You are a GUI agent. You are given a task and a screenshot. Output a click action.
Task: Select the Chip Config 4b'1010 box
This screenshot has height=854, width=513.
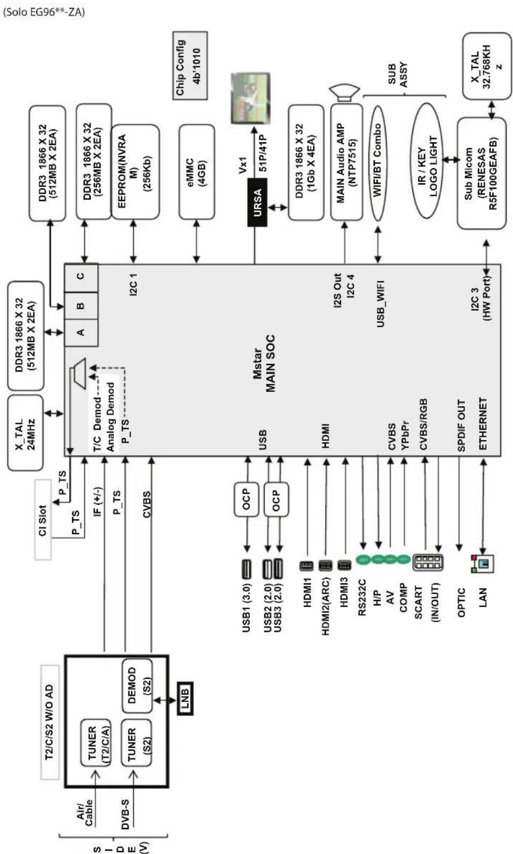click(x=189, y=66)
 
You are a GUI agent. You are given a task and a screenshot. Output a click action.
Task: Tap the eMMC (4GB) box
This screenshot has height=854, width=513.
click(x=196, y=172)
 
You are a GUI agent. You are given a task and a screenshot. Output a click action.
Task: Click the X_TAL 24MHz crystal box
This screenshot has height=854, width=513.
click(x=25, y=433)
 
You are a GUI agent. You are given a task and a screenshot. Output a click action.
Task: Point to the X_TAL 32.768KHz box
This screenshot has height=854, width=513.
click(x=487, y=67)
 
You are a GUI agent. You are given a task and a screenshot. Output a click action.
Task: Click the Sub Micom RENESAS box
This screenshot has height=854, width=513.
click(x=481, y=174)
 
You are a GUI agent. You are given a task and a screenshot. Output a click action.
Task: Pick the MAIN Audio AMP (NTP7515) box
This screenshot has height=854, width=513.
click(x=346, y=163)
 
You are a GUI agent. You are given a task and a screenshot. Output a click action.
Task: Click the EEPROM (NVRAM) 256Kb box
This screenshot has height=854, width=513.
click(x=135, y=171)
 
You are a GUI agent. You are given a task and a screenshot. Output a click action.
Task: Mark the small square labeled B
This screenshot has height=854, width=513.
click(x=81, y=306)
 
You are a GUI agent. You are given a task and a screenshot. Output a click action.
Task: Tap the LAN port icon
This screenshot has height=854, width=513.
click(x=483, y=563)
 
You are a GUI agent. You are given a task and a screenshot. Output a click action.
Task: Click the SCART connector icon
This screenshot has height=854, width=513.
click(x=428, y=562)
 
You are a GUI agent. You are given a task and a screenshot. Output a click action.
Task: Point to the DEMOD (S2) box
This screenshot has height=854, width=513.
click(x=138, y=686)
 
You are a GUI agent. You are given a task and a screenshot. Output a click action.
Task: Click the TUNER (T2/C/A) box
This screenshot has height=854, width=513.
click(x=95, y=742)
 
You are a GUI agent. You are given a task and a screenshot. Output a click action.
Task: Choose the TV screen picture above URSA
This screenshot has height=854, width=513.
click(x=250, y=98)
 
